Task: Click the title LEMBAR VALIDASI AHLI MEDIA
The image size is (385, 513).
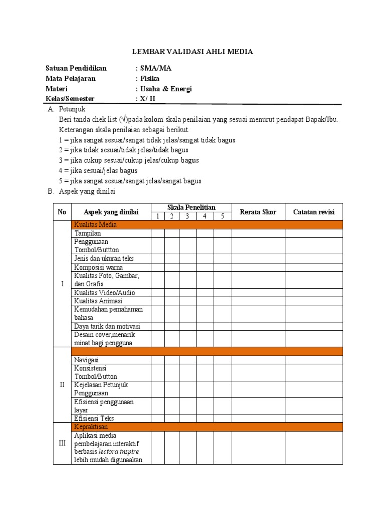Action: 192,51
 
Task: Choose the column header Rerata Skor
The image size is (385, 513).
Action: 258,212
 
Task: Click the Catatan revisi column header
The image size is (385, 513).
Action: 314,212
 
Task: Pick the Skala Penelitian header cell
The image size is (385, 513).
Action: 191,207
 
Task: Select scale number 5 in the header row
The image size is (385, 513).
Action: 223,216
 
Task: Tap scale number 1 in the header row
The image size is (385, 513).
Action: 158,216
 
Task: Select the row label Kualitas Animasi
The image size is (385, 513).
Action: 98,301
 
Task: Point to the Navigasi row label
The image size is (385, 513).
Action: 87,360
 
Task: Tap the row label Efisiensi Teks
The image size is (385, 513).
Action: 94,418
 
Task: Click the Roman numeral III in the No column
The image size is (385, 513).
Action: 62,443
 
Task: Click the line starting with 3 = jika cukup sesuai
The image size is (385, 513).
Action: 128,160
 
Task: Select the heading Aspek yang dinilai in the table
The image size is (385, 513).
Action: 111,212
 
